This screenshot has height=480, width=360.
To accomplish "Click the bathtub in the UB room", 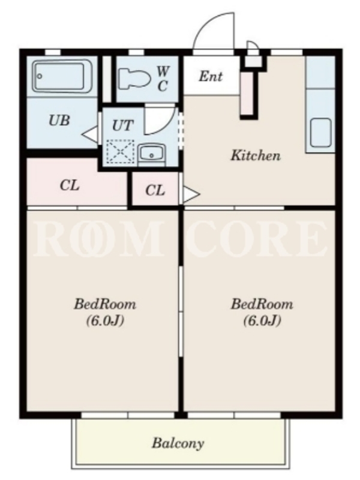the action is (62, 77).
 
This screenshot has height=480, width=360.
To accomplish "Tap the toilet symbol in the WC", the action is (134, 79).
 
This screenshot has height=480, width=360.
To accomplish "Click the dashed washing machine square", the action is (120, 151).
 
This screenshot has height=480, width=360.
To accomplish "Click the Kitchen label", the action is (256, 155).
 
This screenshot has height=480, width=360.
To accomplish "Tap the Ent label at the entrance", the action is (211, 76).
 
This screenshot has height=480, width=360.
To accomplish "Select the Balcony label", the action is (178, 443).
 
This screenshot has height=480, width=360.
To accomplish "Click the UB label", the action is (59, 121).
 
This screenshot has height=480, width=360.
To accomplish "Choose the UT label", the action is (123, 125).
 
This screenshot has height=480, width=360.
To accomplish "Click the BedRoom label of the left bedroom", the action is (105, 304).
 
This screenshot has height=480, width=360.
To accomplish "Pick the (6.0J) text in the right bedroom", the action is (262, 320).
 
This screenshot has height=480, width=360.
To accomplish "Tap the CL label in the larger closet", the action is (70, 185).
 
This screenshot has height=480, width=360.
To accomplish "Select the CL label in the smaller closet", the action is (155, 190).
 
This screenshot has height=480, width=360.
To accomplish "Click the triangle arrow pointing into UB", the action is (89, 134).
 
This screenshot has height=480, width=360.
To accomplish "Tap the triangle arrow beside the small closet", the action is (191, 194).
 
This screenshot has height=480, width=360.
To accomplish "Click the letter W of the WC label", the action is (163, 71).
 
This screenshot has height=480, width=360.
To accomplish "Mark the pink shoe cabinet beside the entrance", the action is (247, 94).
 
